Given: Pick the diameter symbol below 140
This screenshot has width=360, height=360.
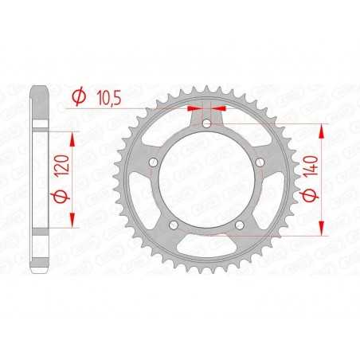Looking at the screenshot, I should (311, 194).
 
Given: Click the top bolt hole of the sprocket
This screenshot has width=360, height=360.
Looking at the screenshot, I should (206, 123).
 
